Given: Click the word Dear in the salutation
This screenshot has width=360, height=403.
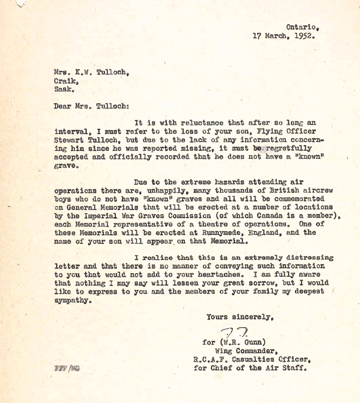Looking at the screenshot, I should coord(62,106).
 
